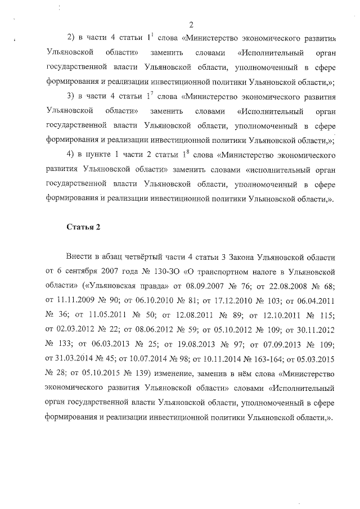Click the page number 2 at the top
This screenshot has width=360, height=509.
point(191,24)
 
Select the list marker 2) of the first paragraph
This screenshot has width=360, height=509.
point(71,38)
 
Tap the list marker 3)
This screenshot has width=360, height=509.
point(71,96)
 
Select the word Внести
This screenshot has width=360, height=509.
point(79,256)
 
